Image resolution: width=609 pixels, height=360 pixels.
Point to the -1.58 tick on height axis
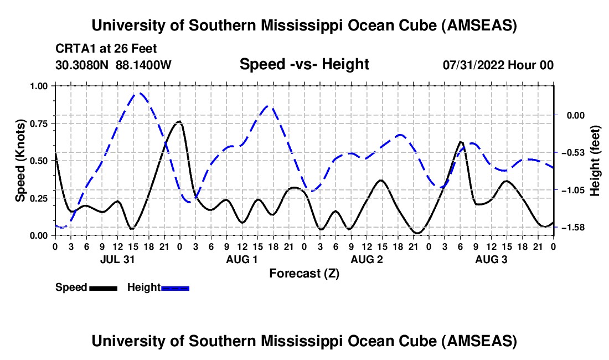[x=571, y=228]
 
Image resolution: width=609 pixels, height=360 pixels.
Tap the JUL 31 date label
[x=117, y=259]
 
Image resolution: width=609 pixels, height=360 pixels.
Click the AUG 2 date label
[x=366, y=259]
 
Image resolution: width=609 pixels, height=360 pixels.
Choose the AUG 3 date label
[x=491, y=259]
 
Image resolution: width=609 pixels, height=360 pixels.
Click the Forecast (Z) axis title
[x=304, y=274]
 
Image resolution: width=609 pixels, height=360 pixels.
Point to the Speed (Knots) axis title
[x=20, y=160]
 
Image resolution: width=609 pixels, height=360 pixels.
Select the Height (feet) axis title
[x=595, y=161]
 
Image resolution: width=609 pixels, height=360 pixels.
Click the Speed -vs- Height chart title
[x=304, y=64]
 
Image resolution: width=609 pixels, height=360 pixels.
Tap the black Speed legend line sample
[x=103, y=288]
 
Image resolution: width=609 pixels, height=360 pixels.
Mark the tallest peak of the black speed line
[x=179, y=121]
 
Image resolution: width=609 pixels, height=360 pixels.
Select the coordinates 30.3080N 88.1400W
[x=113, y=65]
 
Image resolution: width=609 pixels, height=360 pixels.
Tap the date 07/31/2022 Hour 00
[x=498, y=65]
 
